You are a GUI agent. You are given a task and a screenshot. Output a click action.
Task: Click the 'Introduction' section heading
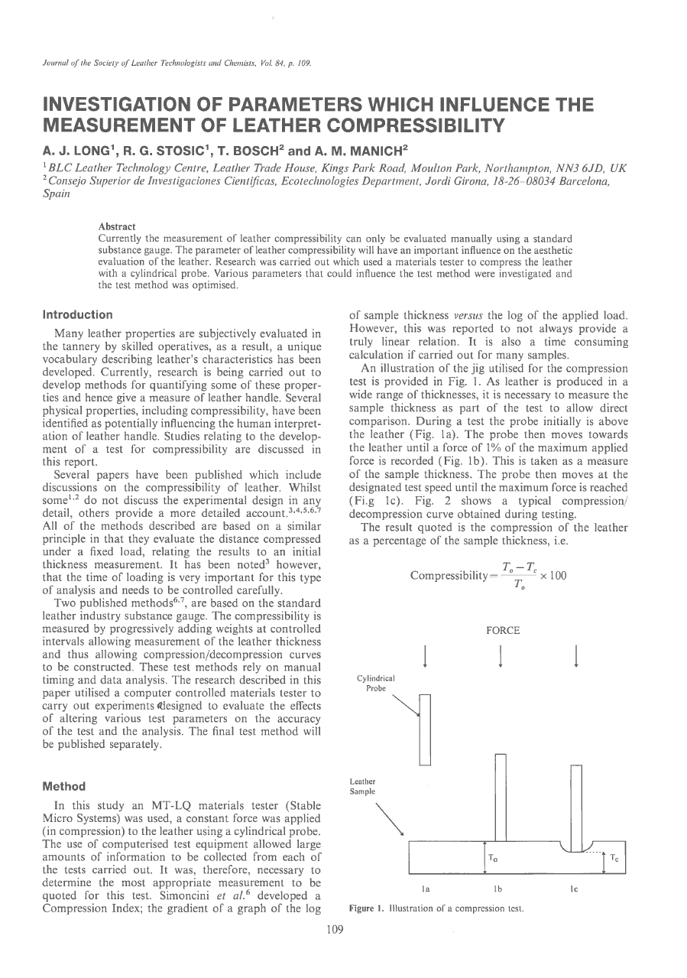(77, 314)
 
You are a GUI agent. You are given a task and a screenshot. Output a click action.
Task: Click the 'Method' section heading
(64, 786)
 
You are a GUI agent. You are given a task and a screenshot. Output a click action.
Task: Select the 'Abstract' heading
(117, 227)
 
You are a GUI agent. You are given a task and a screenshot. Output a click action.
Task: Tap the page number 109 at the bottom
(334, 930)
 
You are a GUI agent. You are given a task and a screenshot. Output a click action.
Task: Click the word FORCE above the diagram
(502, 631)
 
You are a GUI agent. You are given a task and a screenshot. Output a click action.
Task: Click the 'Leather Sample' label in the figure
(362, 787)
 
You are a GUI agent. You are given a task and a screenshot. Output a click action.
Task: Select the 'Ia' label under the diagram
(426, 889)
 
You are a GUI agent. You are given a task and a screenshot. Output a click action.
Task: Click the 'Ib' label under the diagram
(497, 889)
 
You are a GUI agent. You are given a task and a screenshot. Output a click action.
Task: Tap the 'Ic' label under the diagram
(574, 889)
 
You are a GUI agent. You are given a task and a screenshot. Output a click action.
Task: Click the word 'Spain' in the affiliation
(56, 194)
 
